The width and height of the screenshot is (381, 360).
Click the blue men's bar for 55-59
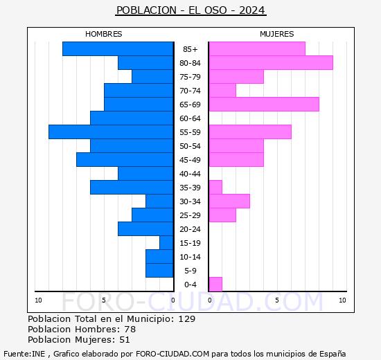click(111, 132)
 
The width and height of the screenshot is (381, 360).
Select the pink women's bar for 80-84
click(271, 63)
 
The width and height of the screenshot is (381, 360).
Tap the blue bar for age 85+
click(118, 49)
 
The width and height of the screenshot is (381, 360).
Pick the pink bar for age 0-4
click(215, 285)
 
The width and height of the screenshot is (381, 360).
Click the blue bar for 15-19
click(166, 243)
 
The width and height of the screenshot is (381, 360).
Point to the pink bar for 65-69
click(264, 105)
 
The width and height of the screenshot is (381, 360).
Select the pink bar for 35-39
click(215, 188)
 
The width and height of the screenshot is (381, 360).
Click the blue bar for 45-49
click(125, 160)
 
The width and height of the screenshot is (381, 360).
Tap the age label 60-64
click(190, 118)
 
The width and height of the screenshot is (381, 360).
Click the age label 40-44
click(190, 174)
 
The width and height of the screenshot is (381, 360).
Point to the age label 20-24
click(190, 229)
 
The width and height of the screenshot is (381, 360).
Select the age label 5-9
click(190, 271)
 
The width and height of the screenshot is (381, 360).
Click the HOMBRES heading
click(103, 34)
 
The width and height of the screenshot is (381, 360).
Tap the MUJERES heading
click(277, 34)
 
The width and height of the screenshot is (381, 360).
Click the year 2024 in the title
click(251, 10)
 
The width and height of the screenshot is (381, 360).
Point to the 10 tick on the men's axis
click(38, 300)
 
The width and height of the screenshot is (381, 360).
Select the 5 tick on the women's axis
click(277, 300)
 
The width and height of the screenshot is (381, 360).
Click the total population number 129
click(187, 318)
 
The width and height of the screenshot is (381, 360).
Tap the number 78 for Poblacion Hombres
click(130, 329)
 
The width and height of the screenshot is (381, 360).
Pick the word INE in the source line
click(38, 354)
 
